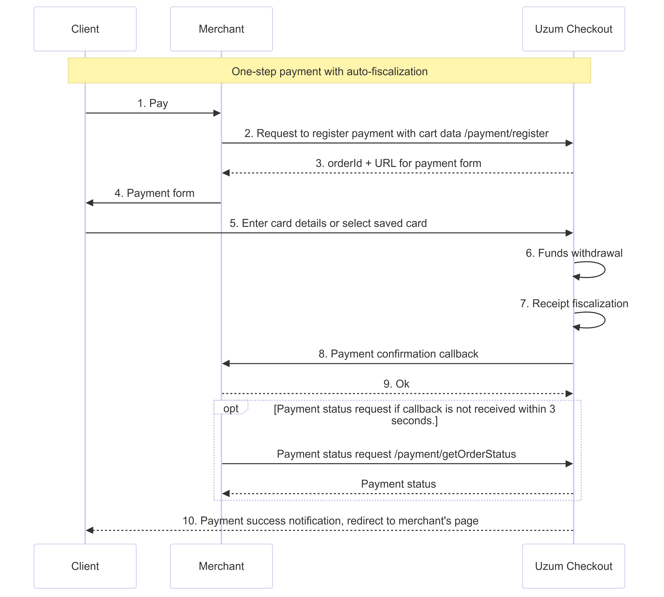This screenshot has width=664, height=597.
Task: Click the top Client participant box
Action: tap(85, 29)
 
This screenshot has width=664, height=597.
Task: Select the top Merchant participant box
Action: tap(221, 29)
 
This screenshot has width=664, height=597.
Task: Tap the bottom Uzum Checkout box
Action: tap(573, 566)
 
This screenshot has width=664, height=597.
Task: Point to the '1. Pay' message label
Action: tap(153, 103)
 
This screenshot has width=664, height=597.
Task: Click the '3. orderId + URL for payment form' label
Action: tap(398, 163)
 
